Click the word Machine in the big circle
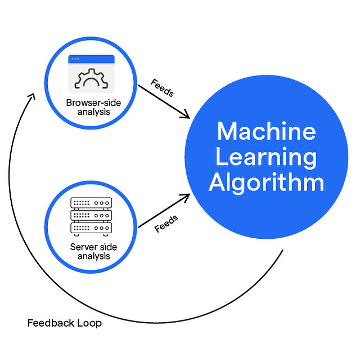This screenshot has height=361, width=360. coord(266,131)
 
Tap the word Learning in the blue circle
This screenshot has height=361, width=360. coord(266,157)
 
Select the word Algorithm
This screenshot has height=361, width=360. coord(266,183)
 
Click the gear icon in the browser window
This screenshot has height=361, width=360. coord(91,79)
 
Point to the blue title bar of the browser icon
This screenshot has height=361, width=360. coord(91,59)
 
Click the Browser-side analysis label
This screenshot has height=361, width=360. coord(91,107)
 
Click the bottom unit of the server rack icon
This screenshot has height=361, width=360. coord(91,228)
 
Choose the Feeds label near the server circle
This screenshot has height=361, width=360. coord(166,224)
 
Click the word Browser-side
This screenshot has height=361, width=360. coord(91,103)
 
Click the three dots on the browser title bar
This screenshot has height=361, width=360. coord(75,59)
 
